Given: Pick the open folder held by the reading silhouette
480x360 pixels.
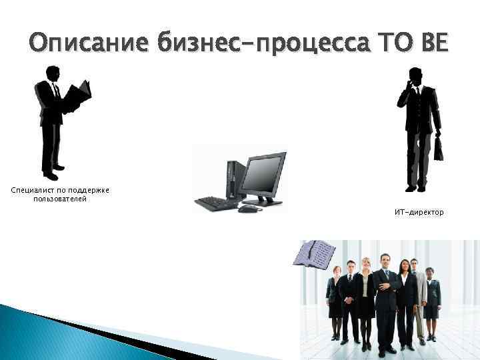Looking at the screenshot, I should point(81,96).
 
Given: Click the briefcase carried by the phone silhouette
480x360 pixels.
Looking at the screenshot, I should point(438,148).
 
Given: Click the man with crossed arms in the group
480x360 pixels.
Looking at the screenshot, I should point(385,293).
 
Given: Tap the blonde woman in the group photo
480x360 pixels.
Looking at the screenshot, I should point(366,293).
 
